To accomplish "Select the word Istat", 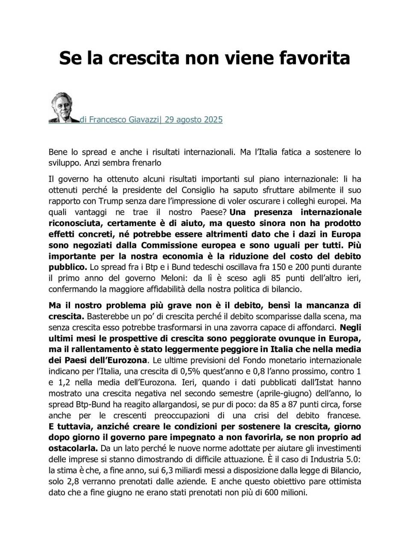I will pos(313,382).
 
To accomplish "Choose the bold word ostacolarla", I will pos(73,448).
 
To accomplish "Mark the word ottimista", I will pos(344,482).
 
